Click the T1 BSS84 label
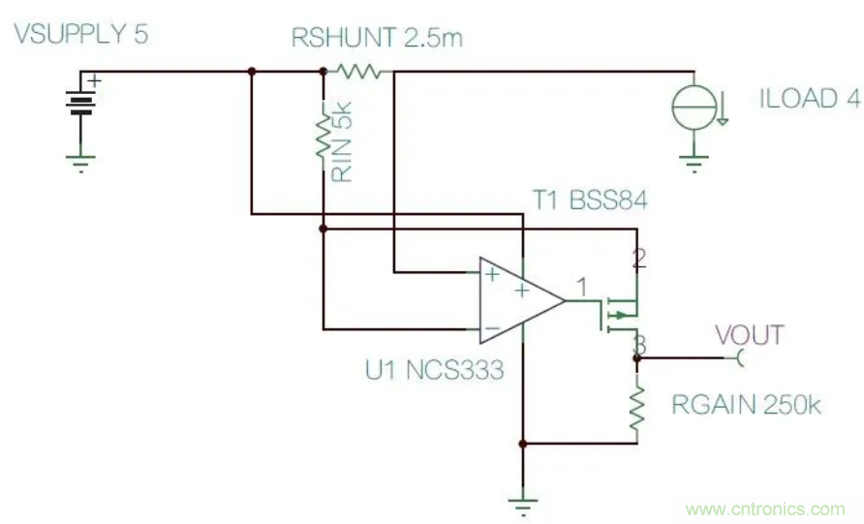coord(590,200)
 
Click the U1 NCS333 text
coord(433,369)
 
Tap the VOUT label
coord(749,336)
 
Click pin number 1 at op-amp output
coord(581,287)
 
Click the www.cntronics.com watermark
coord(765,509)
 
